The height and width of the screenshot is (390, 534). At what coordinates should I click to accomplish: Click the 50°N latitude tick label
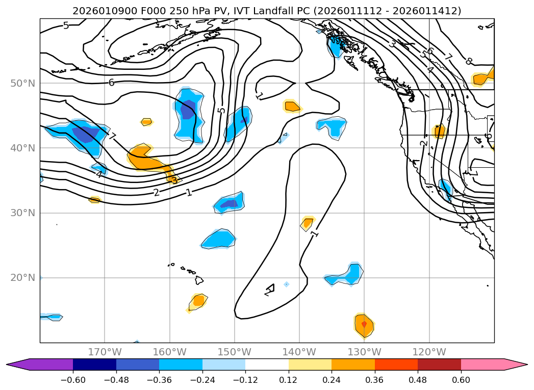(23, 83)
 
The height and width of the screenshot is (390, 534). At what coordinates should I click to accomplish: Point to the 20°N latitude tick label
(23, 278)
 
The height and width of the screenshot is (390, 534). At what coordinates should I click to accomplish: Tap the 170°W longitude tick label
(105, 352)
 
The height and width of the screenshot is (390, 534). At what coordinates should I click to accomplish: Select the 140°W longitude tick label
(299, 352)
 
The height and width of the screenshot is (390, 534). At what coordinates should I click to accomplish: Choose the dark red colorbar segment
(439, 364)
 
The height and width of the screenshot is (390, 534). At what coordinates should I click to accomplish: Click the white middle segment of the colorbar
(267, 364)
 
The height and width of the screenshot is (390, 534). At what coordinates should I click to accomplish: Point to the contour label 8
(469, 61)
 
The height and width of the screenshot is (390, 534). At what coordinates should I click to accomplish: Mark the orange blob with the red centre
(364, 325)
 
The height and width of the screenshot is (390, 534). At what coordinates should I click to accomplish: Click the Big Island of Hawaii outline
(199, 280)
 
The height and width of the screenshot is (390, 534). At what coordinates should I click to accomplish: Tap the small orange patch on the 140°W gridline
(308, 223)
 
